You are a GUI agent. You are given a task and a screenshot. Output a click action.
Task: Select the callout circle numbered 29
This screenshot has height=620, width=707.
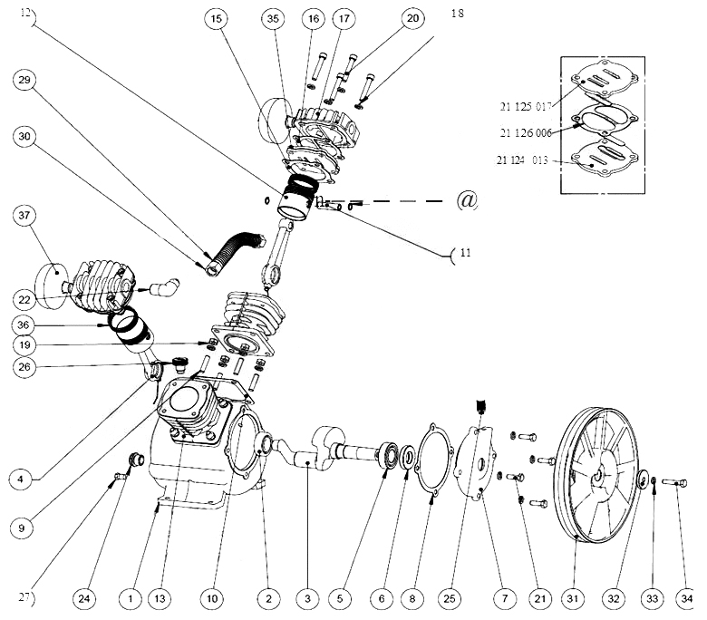pos(24,80)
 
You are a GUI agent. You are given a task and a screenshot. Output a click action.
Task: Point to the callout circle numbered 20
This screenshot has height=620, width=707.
pos(413,18)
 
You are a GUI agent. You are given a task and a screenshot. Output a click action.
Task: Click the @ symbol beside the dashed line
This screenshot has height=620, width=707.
pos(467,200)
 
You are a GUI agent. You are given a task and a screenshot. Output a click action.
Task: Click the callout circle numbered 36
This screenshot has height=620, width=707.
pos(24,325)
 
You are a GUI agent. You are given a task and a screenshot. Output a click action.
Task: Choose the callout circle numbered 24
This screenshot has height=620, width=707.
pos(84,597)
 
